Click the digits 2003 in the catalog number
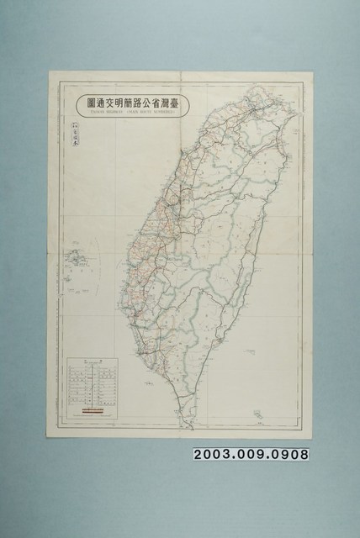[x=214, y=455]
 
